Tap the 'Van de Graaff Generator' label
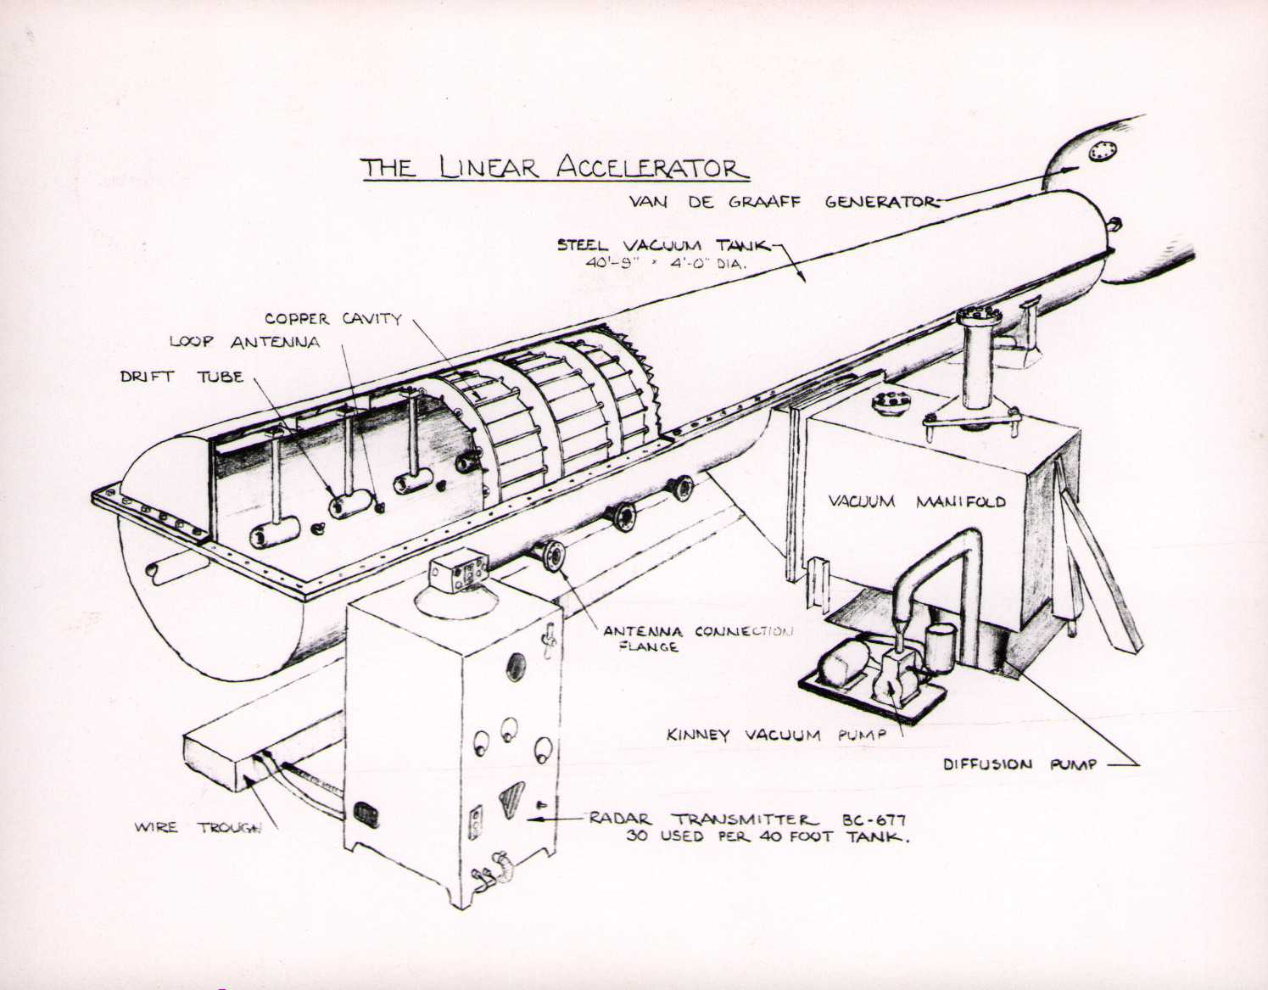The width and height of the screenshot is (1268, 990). [784, 202]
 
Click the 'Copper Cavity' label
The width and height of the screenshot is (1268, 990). [332, 319]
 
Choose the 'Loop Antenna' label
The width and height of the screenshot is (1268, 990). [245, 342]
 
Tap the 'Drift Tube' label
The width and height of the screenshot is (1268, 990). [181, 376]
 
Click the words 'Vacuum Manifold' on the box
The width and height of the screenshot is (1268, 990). [916, 501]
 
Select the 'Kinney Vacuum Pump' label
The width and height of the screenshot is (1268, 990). [775, 735]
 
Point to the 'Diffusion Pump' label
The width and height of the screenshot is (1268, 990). [1019, 764]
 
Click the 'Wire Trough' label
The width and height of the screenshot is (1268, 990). [198, 827]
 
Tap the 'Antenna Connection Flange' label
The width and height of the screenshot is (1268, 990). [697, 639]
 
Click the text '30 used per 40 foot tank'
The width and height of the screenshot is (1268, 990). [768, 837]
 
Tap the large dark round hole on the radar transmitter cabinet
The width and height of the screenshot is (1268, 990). [516, 668]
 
